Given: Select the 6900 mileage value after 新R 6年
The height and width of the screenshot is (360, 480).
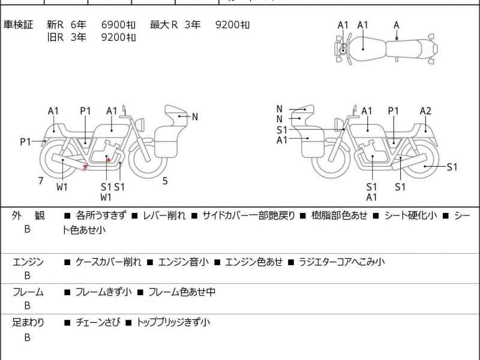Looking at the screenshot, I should (118, 25).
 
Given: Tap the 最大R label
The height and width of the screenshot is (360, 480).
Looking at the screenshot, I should (164, 25).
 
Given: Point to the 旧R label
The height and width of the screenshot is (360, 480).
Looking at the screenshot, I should (56, 37).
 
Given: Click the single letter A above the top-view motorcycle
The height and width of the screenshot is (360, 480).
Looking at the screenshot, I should (396, 25).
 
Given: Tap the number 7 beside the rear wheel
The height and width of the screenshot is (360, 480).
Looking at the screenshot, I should (41, 180).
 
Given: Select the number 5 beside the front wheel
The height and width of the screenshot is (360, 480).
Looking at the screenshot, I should (164, 180).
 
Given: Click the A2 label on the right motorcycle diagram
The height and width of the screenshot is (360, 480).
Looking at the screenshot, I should (425, 110).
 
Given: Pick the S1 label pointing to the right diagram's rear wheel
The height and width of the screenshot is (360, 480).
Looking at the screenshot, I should (452, 167).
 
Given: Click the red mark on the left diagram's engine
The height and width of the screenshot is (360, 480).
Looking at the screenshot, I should (107, 159).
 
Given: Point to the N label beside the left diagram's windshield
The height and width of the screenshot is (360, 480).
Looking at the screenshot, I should (194, 117).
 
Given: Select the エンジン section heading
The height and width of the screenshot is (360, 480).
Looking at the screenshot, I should (28, 262).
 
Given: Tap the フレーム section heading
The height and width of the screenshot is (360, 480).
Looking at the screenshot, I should (28, 292).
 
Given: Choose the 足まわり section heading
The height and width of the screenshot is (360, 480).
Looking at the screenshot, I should (28, 322).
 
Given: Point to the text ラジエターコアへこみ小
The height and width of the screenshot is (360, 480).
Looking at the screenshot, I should (341, 262).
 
